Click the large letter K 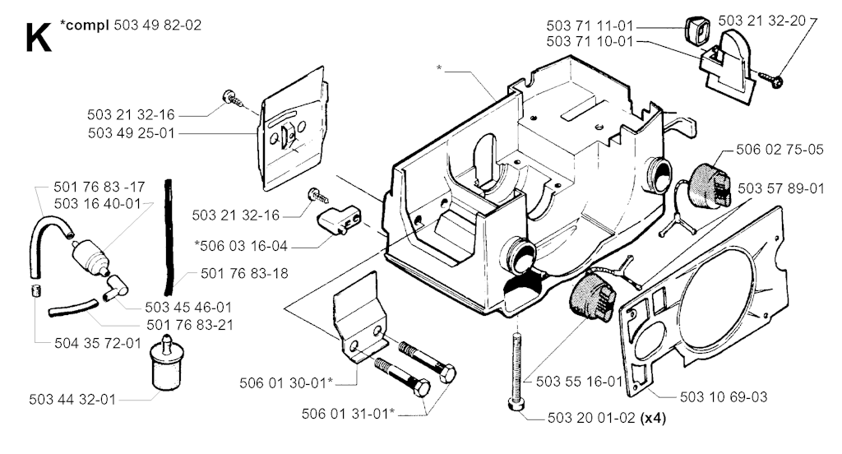click(x=39, y=37)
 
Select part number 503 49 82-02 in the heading click(x=158, y=25)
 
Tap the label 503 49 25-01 click(x=132, y=133)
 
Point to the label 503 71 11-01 click(x=590, y=25)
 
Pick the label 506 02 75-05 click(x=780, y=150)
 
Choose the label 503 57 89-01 click(x=781, y=188)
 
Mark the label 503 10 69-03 click(x=724, y=397)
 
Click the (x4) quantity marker click(x=654, y=418)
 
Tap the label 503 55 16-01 click(x=580, y=382)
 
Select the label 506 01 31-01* click(x=348, y=414)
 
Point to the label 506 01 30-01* click(x=286, y=383)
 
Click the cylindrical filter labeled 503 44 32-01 click(x=168, y=363)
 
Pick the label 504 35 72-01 click(x=98, y=343)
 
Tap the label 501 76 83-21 click(x=190, y=325)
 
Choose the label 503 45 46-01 click(x=188, y=308)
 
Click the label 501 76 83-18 click(x=244, y=274)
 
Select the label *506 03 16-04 click(x=242, y=246)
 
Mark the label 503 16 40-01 click(x=98, y=204)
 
